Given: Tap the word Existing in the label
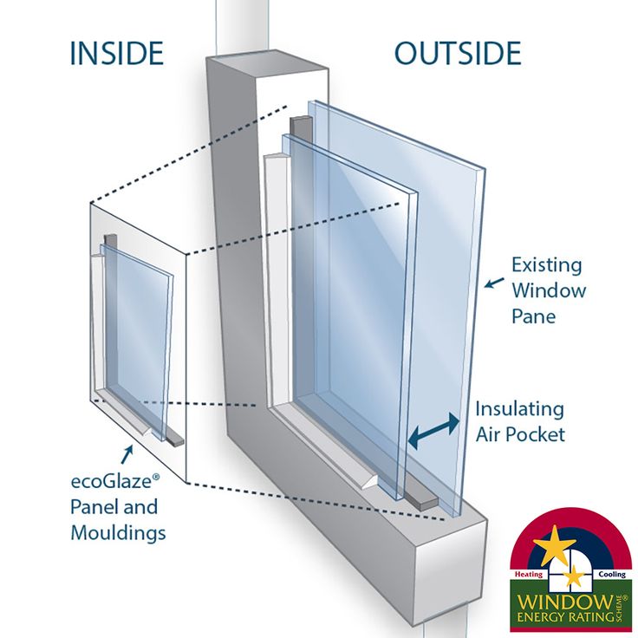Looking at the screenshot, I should pos(546,264).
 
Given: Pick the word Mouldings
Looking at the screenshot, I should pos(118,532).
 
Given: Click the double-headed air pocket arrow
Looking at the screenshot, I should pos(434,431).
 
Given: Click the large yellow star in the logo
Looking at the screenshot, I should pos(554,546).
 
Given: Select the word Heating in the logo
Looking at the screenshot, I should pos(529,574).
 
